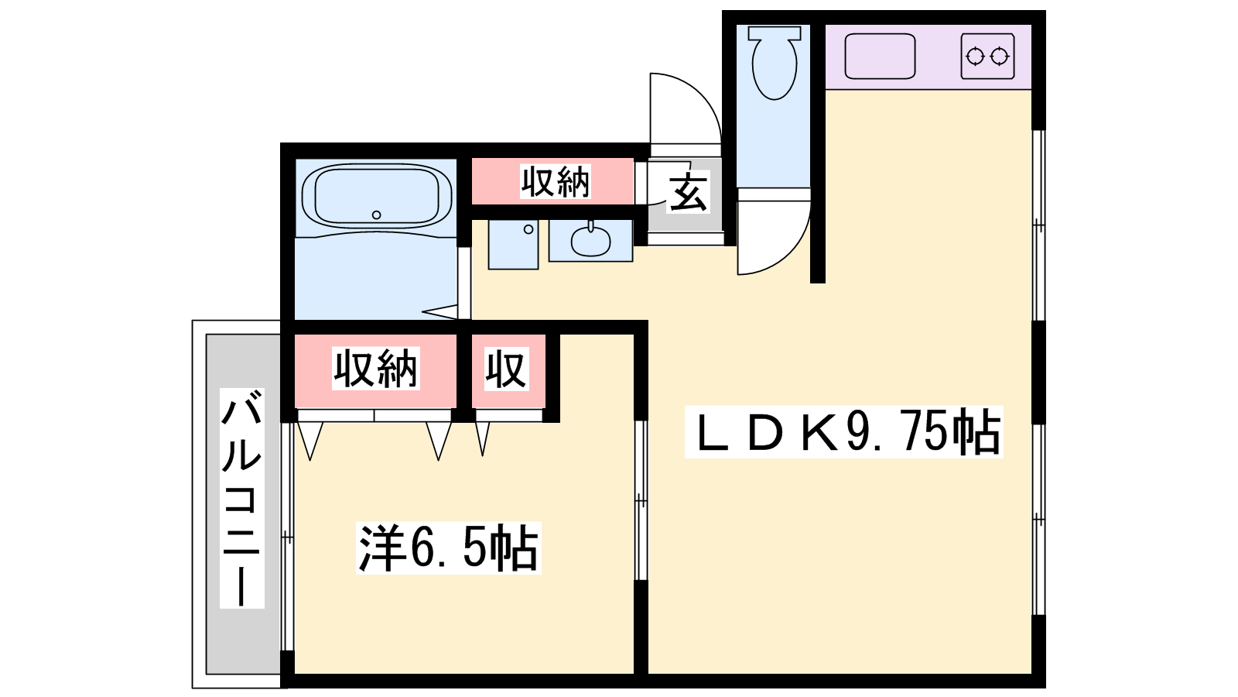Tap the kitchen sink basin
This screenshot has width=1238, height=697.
[x=880, y=56]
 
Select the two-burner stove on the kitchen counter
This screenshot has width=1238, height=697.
[x=987, y=57]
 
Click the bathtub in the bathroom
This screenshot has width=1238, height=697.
[x=377, y=197]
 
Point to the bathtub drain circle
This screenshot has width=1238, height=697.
[x=376, y=215]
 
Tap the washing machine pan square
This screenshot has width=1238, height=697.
[x=514, y=245]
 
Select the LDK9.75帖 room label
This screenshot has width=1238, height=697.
[x=844, y=432]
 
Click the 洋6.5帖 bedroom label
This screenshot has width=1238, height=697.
[x=448, y=548]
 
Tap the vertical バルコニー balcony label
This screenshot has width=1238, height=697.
[x=241, y=498]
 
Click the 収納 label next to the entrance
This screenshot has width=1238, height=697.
[x=556, y=181]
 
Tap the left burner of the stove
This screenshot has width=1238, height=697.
[x=975, y=57]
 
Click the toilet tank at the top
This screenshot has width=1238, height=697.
[x=775, y=33]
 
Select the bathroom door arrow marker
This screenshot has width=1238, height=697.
[x=440, y=312]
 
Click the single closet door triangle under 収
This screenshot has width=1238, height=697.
[x=483, y=438]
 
